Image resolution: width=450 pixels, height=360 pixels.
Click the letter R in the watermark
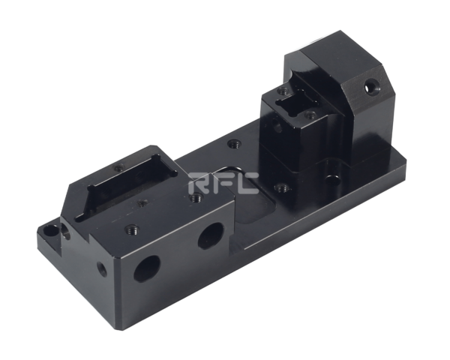[x=198, y=183]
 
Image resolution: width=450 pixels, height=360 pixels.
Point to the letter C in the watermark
[x=247, y=183]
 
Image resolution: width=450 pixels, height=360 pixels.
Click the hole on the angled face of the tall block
[x=372, y=86]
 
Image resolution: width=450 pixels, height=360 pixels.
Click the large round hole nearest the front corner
[x=147, y=268]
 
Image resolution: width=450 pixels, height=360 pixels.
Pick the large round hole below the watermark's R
[x=211, y=236]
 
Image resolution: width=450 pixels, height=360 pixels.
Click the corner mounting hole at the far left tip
[x=50, y=230]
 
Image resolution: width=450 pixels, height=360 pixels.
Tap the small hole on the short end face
[x=101, y=268]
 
